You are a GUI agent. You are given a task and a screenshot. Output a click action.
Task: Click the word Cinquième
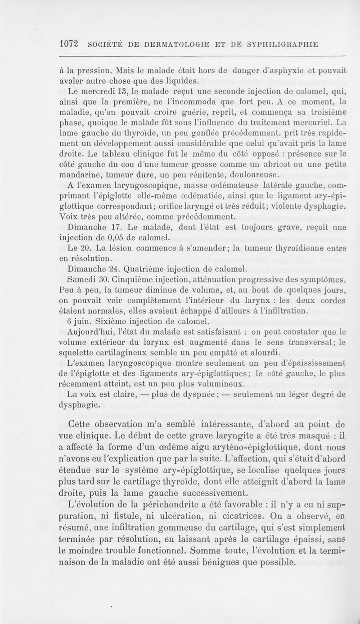point(130,280)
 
